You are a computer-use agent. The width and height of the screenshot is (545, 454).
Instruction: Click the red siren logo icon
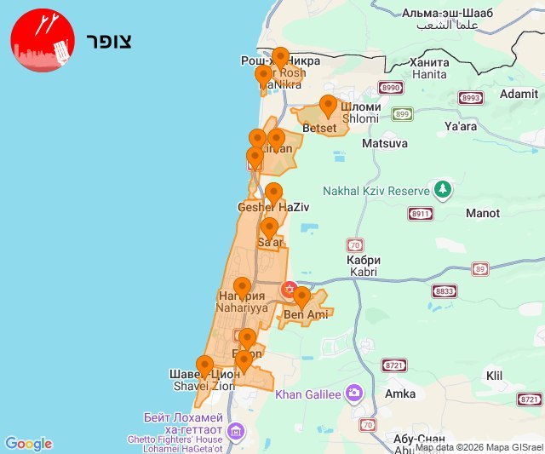[x=40, y=42]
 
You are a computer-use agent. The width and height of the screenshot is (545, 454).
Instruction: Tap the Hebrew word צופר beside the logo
[x=108, y=41]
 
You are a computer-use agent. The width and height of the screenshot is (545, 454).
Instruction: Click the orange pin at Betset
[x=328, y=107]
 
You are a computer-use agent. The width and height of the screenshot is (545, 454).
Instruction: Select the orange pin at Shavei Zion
[x=204, y=367]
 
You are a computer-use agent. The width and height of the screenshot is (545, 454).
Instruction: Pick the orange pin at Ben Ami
[x=301, y=298]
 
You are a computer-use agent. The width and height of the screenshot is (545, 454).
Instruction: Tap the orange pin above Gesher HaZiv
[x=273, y=194]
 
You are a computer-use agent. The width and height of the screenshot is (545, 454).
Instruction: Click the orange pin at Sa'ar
[x=269, y=228]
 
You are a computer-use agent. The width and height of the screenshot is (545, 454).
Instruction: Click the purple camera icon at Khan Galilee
[x=354, y=393]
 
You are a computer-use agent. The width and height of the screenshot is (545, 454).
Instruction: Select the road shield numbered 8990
[x=391, y=88]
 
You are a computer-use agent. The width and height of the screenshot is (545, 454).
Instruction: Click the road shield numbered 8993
[x=471, y=98]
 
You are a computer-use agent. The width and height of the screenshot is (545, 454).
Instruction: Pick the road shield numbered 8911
[x=420, y=214]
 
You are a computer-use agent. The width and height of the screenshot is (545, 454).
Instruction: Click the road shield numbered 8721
[x=393, y=365]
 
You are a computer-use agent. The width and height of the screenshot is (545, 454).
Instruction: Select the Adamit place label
[x=519, y=94]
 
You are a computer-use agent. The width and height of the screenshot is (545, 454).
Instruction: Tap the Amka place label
[x=400, y=394]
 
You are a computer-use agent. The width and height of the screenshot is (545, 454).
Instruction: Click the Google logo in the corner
[x=28, y=443]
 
